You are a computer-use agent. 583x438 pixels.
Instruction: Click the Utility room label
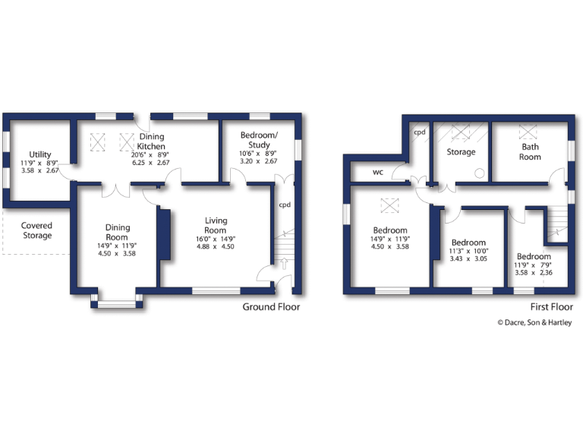point(35,154)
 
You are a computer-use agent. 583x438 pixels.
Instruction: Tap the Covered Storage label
point(36,230)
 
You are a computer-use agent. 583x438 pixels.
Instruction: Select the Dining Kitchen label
point(151,141)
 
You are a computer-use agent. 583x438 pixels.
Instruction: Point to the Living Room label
point(216,226)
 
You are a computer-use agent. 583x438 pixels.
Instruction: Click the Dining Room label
point(118,232)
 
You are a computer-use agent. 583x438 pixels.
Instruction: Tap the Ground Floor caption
point(271,307)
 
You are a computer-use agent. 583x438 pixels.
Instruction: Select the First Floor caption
point(550,307)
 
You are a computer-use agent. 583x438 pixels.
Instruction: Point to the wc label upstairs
point(377,172)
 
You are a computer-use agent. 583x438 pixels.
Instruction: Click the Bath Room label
point(531,151)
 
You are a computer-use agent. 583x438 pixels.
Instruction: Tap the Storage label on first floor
point(461,152)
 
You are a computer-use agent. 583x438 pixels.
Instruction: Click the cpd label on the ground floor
point(285,205)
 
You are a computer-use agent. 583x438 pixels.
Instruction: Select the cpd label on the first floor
point(419,132)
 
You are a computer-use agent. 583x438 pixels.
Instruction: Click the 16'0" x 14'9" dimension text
point(216,237)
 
